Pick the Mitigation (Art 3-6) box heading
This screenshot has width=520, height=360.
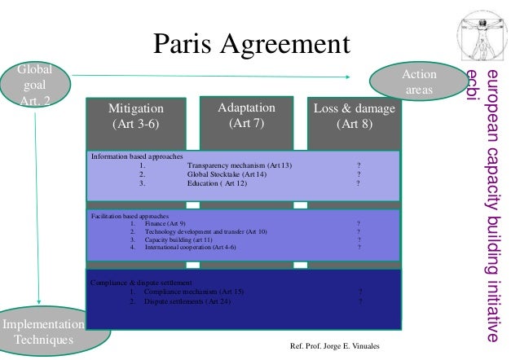[x=136, y=116]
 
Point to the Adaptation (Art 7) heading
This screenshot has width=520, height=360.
[x=246, y=116]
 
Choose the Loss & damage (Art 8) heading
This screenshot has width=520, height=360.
[x=354, y=116]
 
